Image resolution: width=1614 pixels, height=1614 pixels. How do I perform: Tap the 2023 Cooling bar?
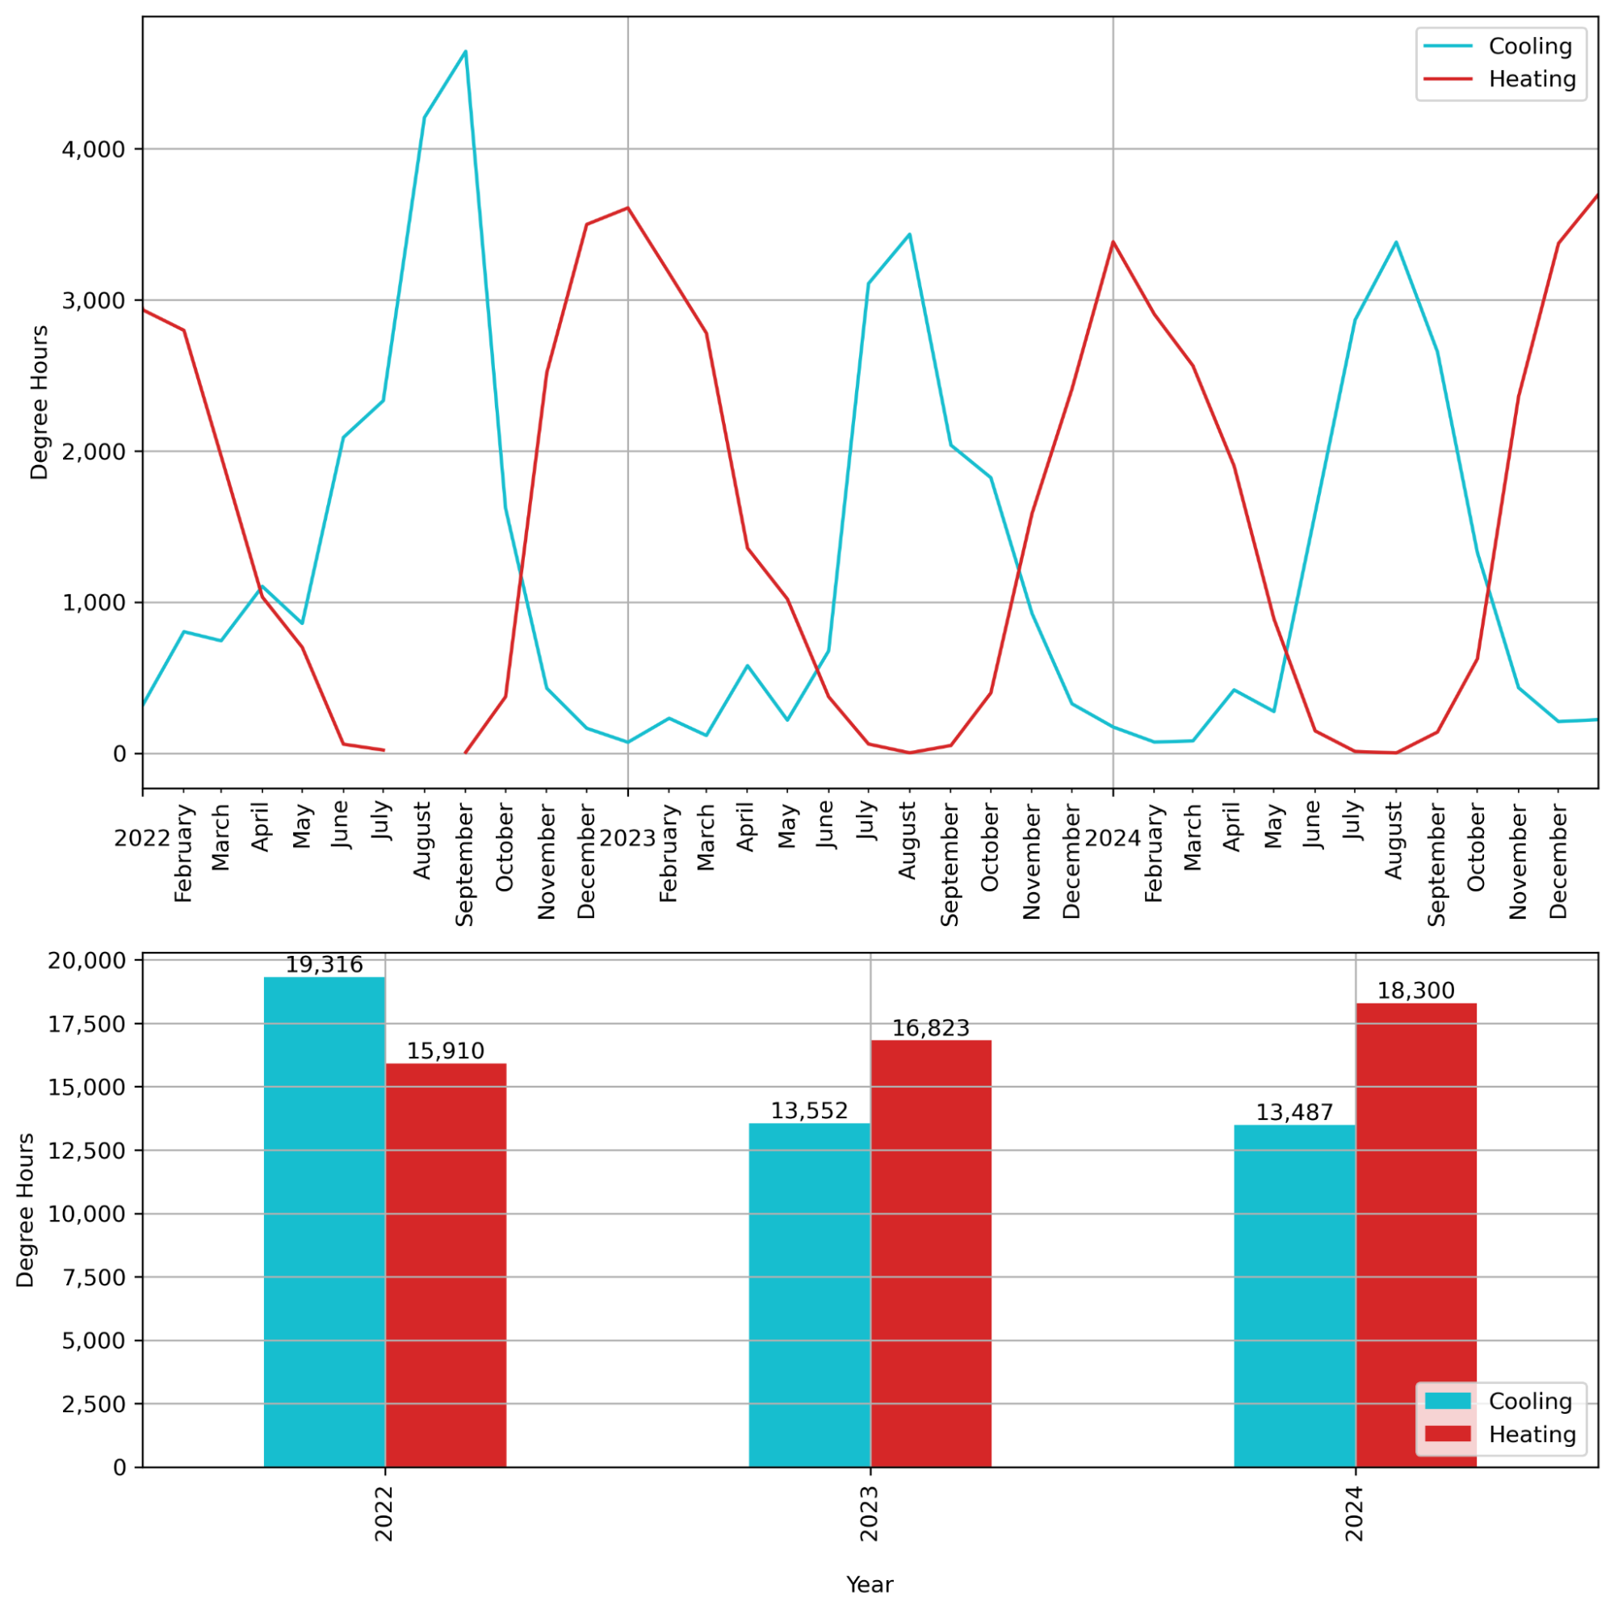[x=809, y=1295]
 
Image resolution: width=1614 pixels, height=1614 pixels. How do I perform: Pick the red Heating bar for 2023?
[x=931, y=1253]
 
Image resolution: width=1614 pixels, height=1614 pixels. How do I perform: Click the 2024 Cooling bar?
[x=1294, y=1296]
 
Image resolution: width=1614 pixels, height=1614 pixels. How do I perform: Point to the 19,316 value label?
[x=324, y=965]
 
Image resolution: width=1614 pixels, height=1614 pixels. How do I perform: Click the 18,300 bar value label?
[x=1416, y=991]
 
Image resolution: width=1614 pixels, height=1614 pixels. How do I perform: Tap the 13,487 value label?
[x=1294, y=1112]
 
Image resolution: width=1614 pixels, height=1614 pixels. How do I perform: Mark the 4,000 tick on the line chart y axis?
[x=94, y=149]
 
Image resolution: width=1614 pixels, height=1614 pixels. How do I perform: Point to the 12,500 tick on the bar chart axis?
[x=87, y=1151]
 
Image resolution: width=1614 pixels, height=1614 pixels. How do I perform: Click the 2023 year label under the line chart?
[x=627, y=838]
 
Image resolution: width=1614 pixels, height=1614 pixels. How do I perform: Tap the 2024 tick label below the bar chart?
[x=1354, y=1513]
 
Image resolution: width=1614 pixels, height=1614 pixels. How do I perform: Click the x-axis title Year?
[x=870, y=1585]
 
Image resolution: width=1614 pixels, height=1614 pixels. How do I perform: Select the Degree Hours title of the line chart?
[x=40, y=402]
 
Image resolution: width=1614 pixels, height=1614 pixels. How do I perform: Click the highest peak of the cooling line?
[x=465, y=52]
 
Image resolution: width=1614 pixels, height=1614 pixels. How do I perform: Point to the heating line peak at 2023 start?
[x=627, y=208]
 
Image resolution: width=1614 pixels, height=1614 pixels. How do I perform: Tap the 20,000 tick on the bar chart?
[x=87, y=961]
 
